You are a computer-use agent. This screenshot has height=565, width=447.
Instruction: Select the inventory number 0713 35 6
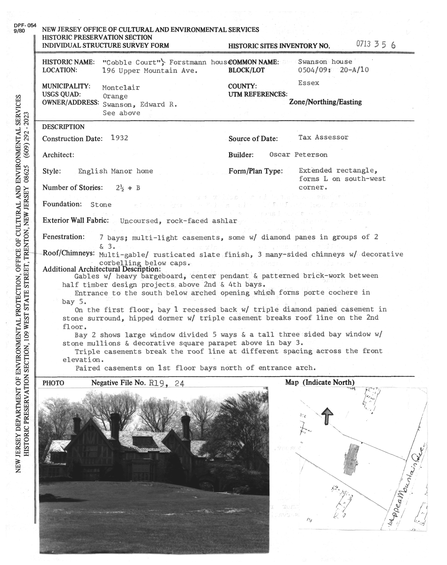click(x=376, y=44)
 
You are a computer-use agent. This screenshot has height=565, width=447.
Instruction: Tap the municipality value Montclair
click(x=121, y=88)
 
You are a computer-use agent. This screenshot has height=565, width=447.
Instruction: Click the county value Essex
click(x=309, y=83)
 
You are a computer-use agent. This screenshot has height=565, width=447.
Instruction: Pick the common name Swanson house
click(x=325, y=62)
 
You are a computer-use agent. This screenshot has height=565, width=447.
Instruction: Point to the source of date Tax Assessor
click(x=323, y=137)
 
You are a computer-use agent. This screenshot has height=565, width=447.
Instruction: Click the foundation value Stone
click(x=101, y=205)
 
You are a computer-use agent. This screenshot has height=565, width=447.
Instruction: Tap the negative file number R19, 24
click(x=166, y=383)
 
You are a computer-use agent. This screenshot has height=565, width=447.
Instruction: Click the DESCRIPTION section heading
click(x=63, y=127)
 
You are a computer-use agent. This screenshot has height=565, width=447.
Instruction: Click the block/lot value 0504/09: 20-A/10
click(x=333, y=70)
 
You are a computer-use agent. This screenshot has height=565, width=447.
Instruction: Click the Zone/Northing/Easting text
click(x=325, y=102)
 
